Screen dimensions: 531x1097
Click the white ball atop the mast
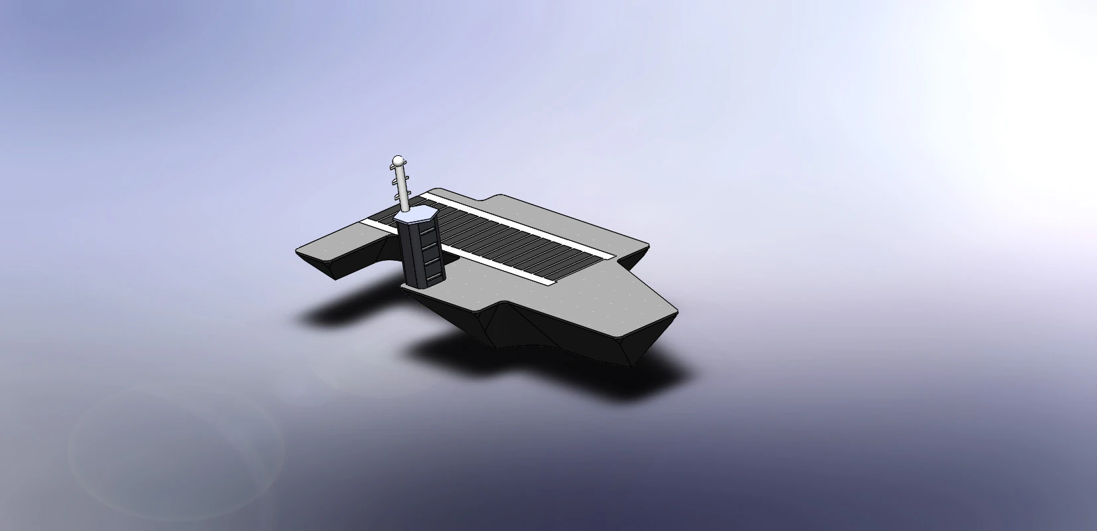[397, 161]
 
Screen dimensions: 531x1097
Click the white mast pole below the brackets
[403, 203]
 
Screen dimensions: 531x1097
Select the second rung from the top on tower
[430, 247]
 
